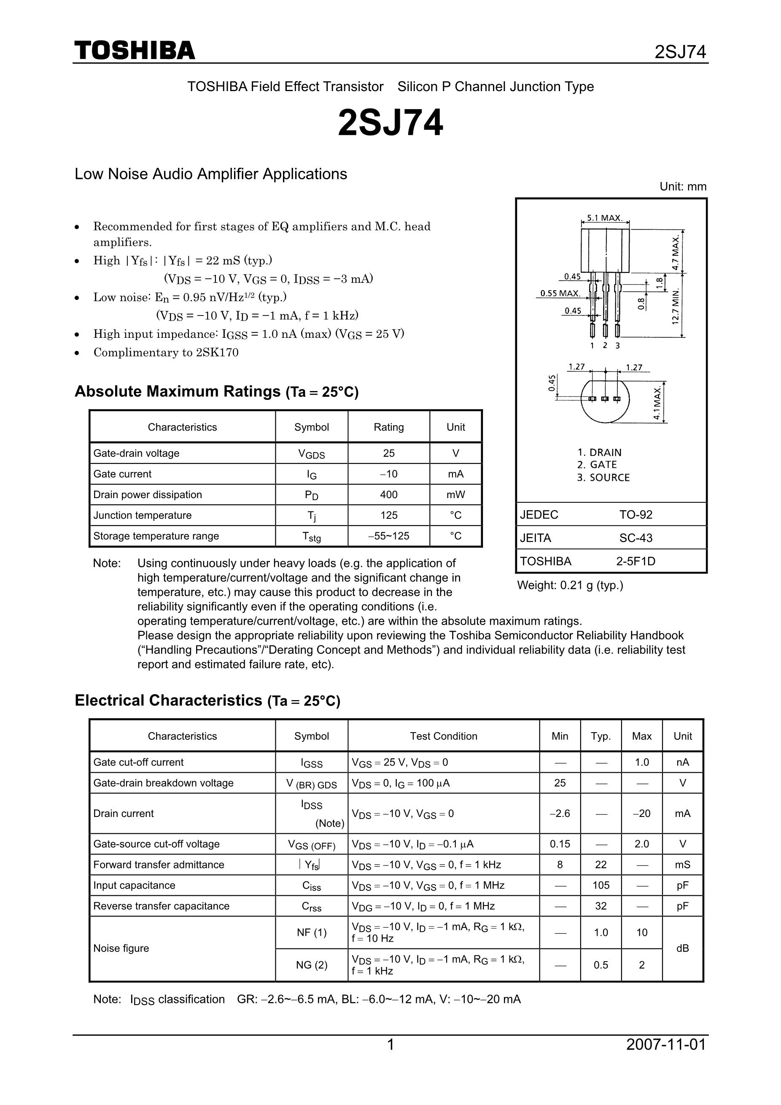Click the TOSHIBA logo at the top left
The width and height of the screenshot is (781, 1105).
[135, 51]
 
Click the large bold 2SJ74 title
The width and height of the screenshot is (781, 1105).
[390, 123]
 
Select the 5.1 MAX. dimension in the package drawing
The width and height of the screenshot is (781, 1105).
[605, 218]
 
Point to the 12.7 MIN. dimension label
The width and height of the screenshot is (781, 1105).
[676, 307]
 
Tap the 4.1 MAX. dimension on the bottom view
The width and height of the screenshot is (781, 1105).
[658, 402]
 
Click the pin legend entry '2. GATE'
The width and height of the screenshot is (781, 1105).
[597, 465]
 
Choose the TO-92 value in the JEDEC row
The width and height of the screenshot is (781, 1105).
[636, 515]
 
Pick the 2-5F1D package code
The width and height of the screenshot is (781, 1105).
[636, 561]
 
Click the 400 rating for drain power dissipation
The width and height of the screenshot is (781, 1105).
[388, 495]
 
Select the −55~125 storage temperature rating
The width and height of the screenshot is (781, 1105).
[388, 536]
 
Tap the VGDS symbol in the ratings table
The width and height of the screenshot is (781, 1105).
[311, 454]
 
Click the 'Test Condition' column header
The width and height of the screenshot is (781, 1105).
[443, 736]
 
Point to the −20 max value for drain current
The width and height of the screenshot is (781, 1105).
[641, 813]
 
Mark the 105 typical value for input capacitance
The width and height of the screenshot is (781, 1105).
[601, 885]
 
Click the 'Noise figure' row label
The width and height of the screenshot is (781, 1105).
[121, 948]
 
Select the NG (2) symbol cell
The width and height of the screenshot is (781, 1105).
[311, 965]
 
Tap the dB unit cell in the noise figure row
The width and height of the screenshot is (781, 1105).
[682, 948]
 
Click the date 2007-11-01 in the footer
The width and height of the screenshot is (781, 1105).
[666, 1045]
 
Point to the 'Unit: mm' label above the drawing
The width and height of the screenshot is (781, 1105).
[683, 187]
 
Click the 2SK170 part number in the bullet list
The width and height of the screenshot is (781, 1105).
[217, 352]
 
